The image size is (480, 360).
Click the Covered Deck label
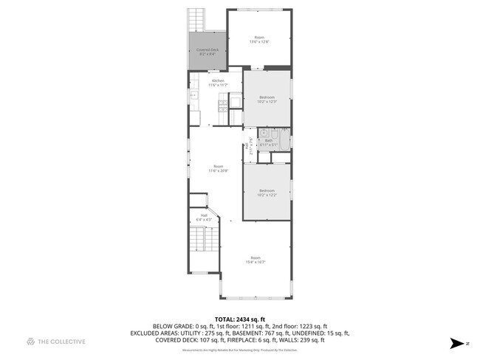[207, 50]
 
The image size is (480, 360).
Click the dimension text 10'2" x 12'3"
[267, 102]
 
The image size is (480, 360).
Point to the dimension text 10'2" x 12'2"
[267, 195]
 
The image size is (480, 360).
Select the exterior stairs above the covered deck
[196, 18]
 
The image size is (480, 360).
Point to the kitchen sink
[193, 95]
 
